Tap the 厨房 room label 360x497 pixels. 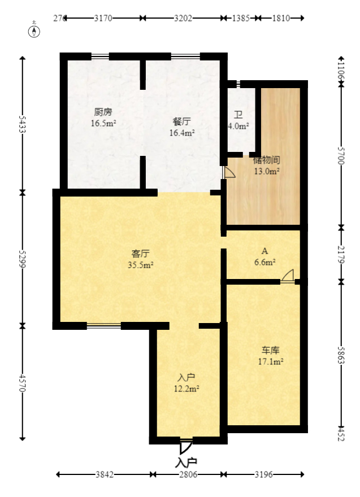[x=103, y=111]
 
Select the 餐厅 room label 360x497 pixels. [x=181, y=121]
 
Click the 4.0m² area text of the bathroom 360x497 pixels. [x=238, y=127]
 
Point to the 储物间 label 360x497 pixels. [x=267, y=160]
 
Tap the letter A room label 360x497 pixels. [x=264, y=251]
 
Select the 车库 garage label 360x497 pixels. [x=270, y=350]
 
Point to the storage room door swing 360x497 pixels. [x=229, y=172]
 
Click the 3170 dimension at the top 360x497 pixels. [x=103, y=18]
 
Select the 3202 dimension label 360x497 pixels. [x=183, y=18]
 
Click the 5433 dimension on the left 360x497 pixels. [x=23, y=125]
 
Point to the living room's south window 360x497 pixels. [x=103, y=325]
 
